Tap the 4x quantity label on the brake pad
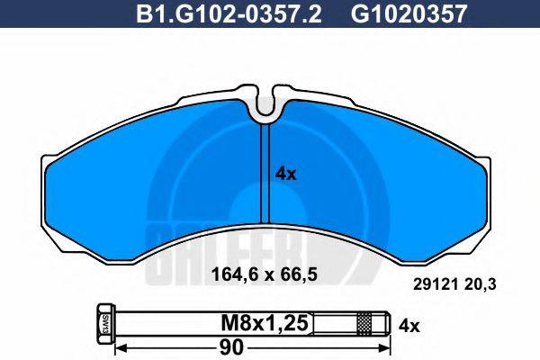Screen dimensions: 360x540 284,175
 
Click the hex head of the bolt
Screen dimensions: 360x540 102,321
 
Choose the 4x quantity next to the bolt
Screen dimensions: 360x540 409,321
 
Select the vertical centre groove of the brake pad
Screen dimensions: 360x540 265,171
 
